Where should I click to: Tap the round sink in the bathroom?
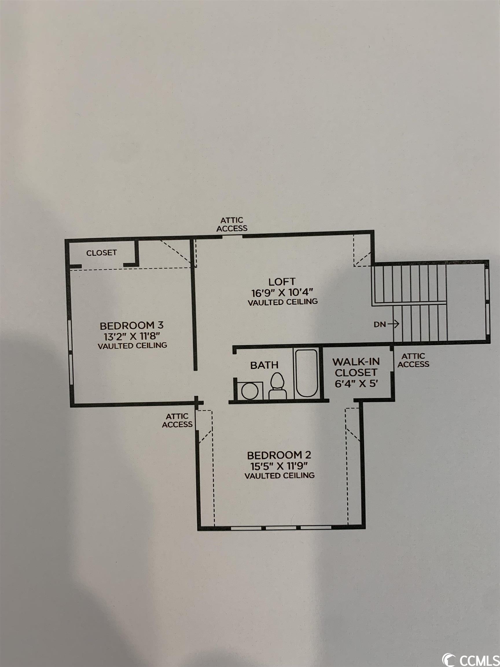(x=250, y=391)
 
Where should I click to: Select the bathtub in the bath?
(x=306, y=373)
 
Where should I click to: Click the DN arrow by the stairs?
(x=393, y=324)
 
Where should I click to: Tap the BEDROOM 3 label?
(x=132, y=326)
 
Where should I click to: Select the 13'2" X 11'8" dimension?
(x=132, y=336)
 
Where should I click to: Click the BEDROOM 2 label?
(x=279, y=455)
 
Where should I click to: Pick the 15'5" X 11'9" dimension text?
(x=279, y=466)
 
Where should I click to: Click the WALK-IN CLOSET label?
(x=356, y=367)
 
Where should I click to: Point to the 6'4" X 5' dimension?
(x=356, y=384)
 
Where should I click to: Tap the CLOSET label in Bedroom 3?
(x=102, y=253)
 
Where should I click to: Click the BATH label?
(x=264, y=365)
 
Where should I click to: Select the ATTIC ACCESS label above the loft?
(x=232, y=224)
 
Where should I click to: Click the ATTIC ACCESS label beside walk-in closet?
(x=413, y=360)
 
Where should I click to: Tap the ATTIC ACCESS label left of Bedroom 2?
(x=177, y=420)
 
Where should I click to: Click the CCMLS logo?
(x=470, y=657)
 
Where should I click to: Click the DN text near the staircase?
(x=380, y=325)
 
